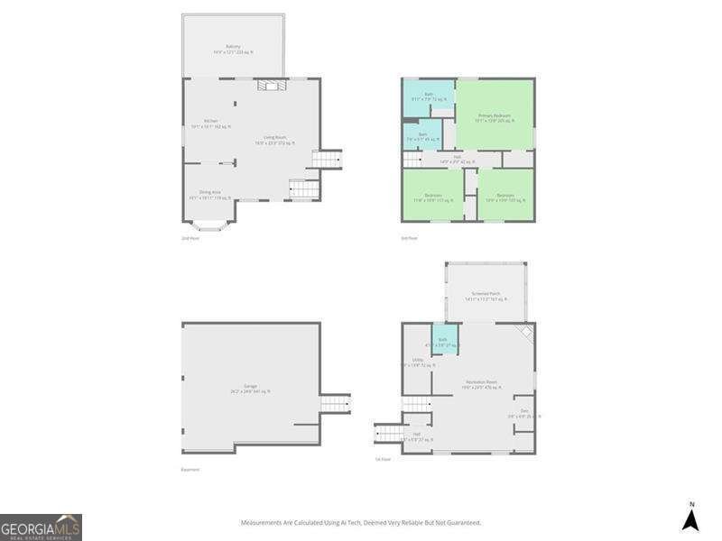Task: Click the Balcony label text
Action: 233,49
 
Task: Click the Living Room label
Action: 275,139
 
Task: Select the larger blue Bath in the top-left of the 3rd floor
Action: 429,96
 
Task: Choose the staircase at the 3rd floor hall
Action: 412,160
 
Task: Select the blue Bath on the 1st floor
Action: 442,342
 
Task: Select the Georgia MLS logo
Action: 42,527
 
